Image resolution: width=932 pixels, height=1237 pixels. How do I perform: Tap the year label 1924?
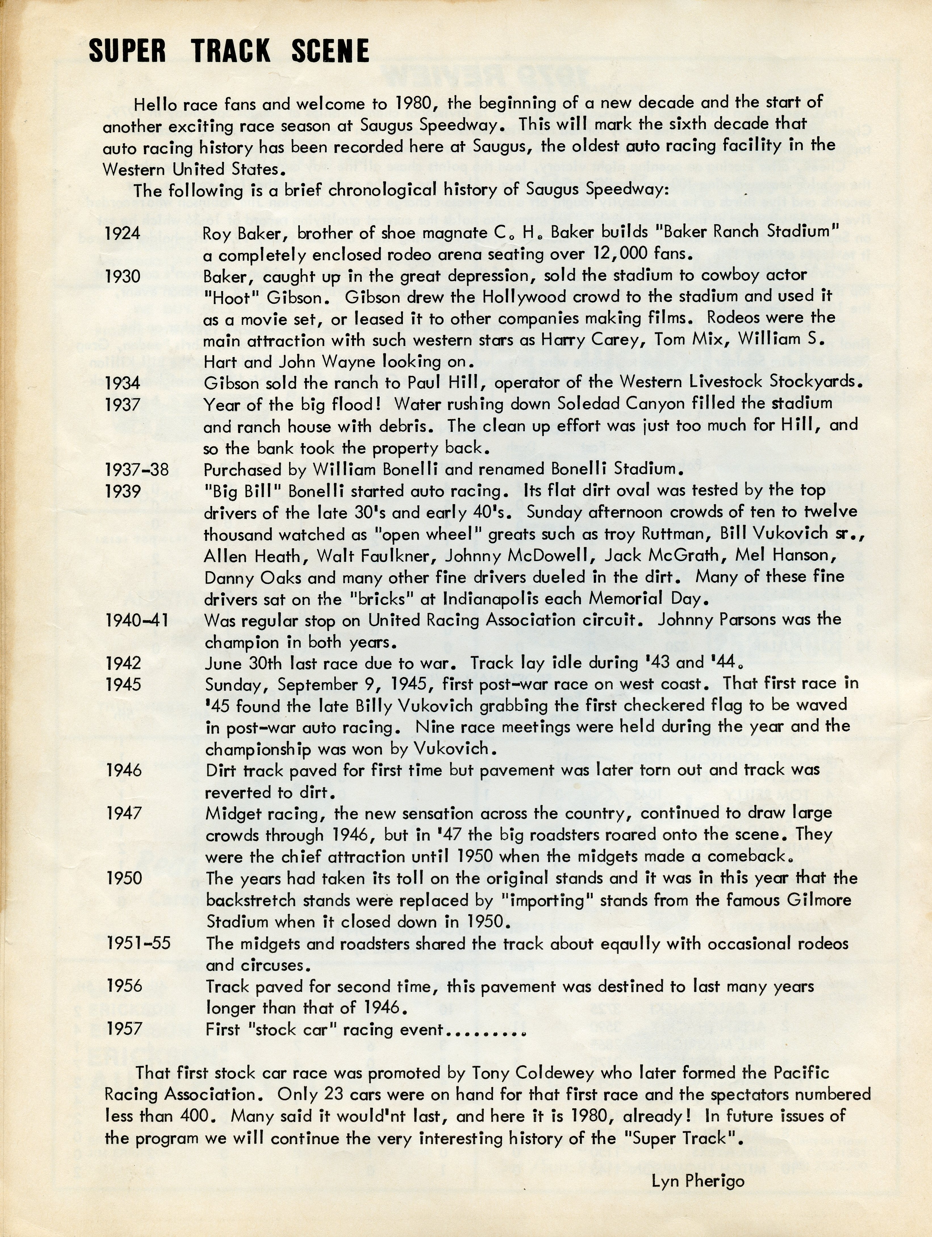click(122, 233)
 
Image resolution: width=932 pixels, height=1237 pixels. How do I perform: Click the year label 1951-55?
click(139, 944)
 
